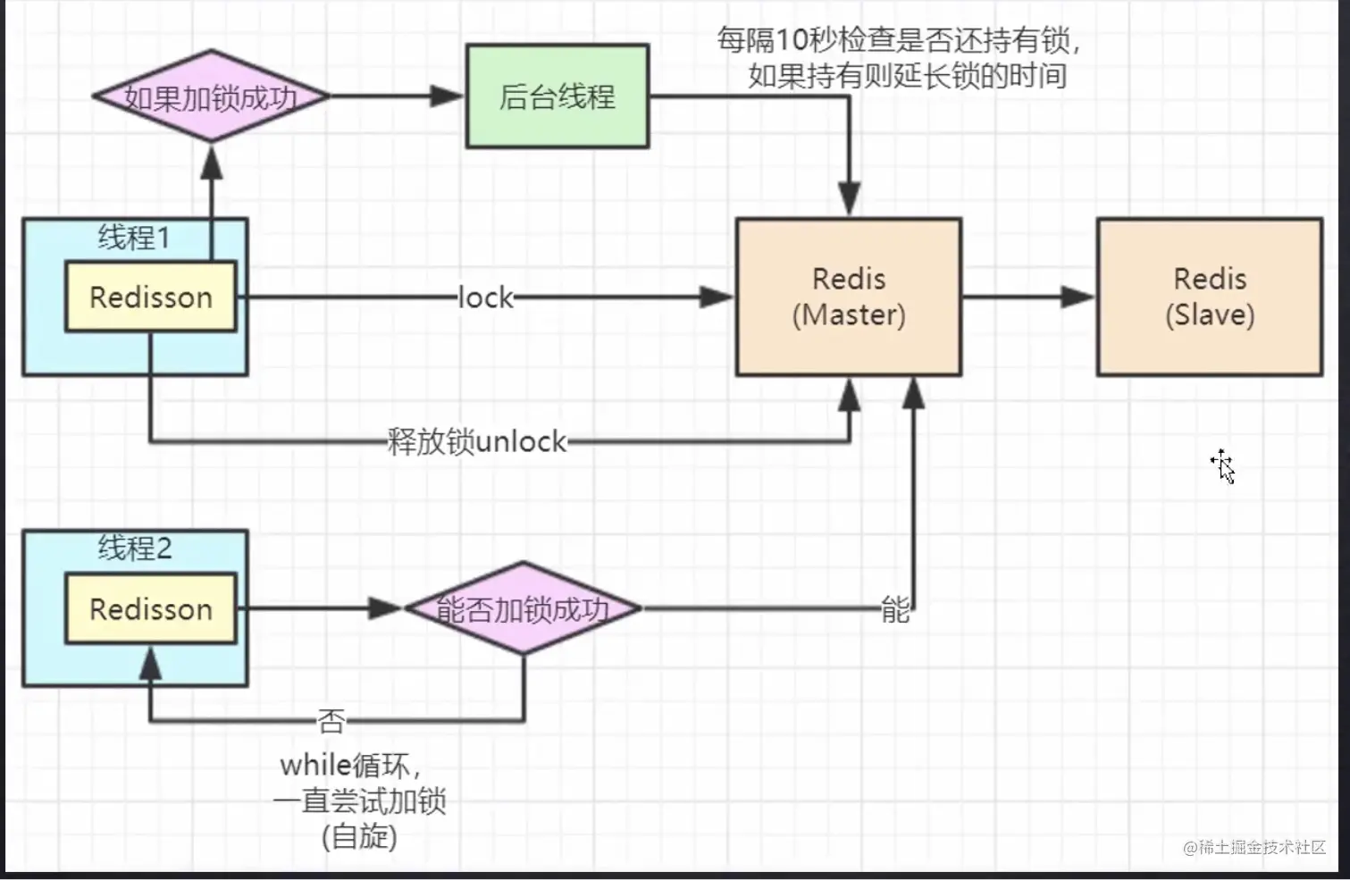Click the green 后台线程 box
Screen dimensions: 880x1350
pos(558,96)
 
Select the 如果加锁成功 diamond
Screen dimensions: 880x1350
pos(211,96)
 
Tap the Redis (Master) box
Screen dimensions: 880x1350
pos(849,297)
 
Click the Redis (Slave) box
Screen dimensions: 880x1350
pos(1210,297)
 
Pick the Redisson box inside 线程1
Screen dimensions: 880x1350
pos(151,297)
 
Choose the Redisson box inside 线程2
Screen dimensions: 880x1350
pos(151,608)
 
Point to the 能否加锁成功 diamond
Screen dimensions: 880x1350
pos(524,609)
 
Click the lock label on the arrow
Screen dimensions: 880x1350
pos(486,298)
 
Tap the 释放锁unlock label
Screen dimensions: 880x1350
pos(477,441)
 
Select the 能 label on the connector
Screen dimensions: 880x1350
pos(895,610)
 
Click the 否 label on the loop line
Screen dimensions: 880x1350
pos(331,721)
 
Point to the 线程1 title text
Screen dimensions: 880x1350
pos(134,238)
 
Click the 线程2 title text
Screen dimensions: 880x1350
pos(135,548)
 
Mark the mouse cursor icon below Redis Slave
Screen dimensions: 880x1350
pos(1223,466)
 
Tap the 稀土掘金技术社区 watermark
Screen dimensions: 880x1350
pos(1254,847)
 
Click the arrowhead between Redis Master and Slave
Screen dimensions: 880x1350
pos(1077,298)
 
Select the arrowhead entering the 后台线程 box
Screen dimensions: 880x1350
pos(446,96)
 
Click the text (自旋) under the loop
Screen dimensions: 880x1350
pos(359,836)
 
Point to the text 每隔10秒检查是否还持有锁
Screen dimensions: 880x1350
pos(899,40)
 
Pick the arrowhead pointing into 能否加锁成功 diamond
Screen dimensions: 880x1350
pos(385,608)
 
